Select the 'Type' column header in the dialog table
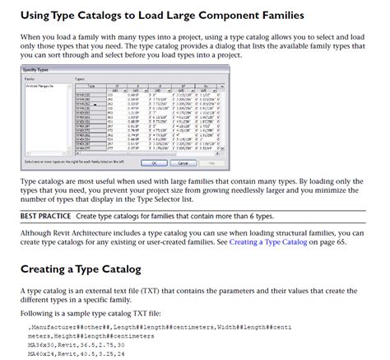point(91,86)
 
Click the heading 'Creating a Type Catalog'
point(80,269)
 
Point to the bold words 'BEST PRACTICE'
point(45,216)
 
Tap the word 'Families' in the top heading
point(272,15)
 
